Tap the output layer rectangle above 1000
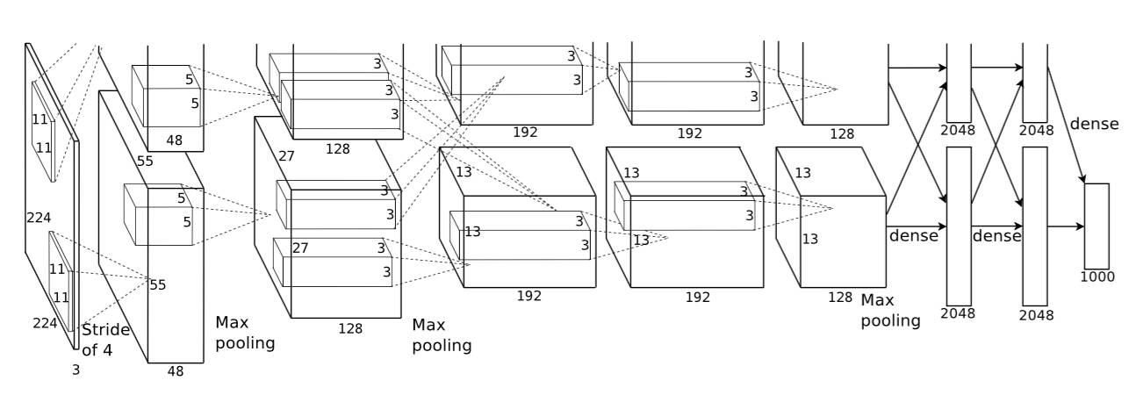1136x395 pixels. tap(1096, 226)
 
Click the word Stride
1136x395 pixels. tap(105, 330)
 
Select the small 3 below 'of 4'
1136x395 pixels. tap(75, 370)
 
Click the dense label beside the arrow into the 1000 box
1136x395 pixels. tap(1094, 124)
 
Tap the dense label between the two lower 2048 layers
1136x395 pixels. tap(996, 236)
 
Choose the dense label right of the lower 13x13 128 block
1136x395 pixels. tap(914, 235)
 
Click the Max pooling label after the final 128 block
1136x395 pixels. tap(890, 310)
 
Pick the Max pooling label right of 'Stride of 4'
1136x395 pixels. tap(245, 333)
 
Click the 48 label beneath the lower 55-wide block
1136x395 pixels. tap(176, 371)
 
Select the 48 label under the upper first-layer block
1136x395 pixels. tap(175, 139)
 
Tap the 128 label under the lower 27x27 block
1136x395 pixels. tap(351, 328)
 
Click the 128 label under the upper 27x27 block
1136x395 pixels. tap(337, 149)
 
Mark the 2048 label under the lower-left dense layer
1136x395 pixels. tap(958, 313)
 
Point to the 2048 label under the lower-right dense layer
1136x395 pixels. tap(1037, 314)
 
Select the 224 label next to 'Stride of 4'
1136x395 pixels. tap(45, 323)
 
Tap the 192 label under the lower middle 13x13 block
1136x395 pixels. tap(528, 296)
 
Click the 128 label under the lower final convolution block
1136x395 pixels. tap(840, 297)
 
